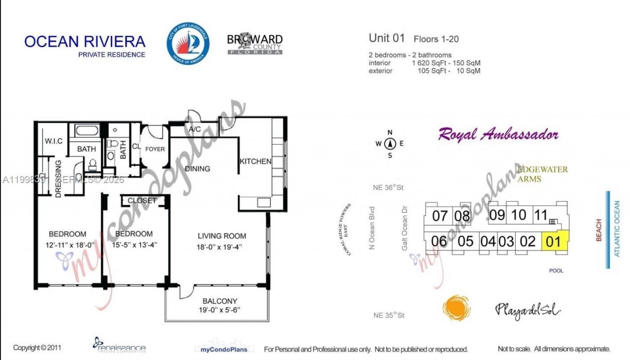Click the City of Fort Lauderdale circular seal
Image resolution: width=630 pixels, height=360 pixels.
[188, 43]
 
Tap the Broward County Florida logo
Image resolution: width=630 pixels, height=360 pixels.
[254, 43]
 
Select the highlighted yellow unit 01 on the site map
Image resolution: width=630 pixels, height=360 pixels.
[554, 241]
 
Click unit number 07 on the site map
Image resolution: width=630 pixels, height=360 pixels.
[440, 215]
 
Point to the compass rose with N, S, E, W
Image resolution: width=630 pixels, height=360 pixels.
[390, 144]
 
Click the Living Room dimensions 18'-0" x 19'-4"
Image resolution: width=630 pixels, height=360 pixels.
[222, 244]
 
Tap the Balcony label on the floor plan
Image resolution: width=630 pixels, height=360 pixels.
[220, 301]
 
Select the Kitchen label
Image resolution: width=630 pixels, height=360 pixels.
[255, 161]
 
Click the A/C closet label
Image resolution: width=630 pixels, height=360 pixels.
[194, 129]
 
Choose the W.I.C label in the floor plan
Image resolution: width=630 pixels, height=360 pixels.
[53, 141]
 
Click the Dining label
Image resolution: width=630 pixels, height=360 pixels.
[197, 169]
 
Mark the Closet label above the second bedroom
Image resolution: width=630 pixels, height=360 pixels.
[142, 201]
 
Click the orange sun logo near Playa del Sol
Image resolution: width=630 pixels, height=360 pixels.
[456, 308]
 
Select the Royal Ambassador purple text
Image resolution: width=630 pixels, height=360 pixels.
[498, 134]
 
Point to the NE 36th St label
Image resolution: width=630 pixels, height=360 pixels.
[388, 187]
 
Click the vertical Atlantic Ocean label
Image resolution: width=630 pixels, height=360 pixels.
[617, 229]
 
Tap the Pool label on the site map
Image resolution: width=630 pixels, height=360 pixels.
[556, 270]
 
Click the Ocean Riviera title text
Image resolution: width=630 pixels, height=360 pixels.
[85, 41]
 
